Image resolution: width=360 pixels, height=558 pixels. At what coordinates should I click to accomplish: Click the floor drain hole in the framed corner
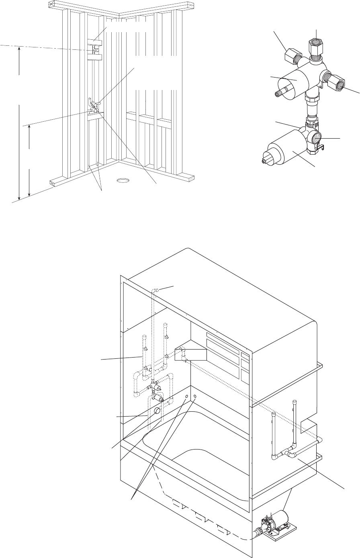click(x=123, y=180)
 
